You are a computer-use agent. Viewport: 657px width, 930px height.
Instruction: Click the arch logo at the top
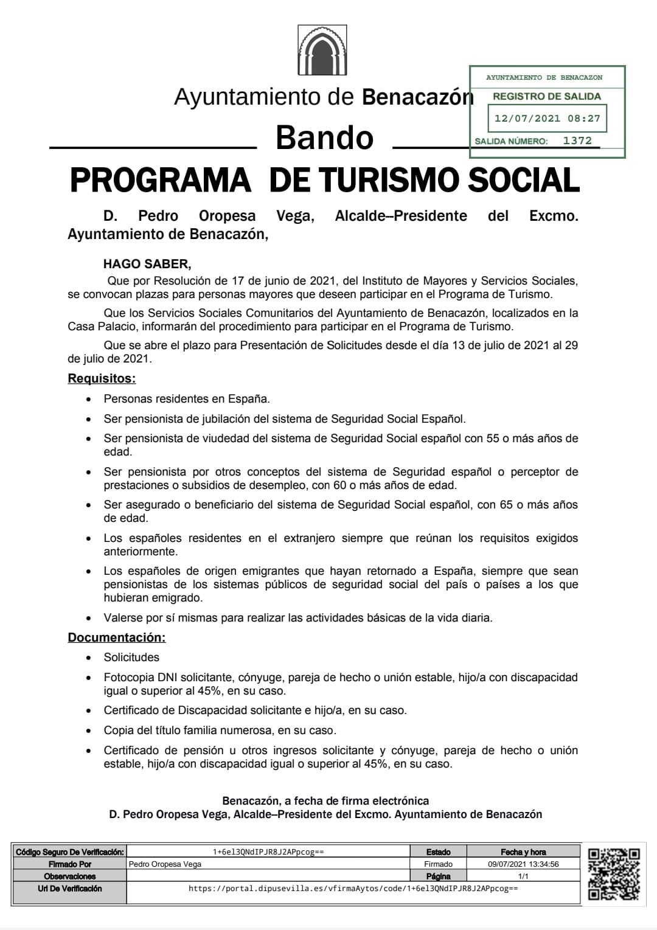pyautogui.click(x=322, y=50)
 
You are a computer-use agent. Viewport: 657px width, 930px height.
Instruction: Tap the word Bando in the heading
pyautogui.click(x=324, y=137)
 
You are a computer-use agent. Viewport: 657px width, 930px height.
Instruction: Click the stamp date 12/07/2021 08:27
pyautogui.click(x=547, y=119)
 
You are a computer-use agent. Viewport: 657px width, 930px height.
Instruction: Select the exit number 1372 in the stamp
pyautogui.click(x=577, y=141)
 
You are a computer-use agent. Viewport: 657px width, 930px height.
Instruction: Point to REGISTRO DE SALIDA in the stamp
pyautogui.click(x=546, y=96)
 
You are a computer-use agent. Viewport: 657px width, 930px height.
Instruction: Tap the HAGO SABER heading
pyautogui.click(x=147, y=264)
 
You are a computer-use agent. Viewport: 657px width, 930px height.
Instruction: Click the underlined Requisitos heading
pyautogui.click(x=102, y=378)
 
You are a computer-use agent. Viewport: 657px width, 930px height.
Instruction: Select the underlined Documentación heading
pyautogui.click(x=116, y=637)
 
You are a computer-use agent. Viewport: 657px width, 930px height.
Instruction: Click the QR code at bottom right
pyautogui.click(x=614, y=874)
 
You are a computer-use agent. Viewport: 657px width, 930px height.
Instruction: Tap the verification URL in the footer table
pyautogui.click(x=353, y=889)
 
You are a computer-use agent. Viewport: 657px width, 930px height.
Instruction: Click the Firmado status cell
pyautogui.click(x=438, y=864)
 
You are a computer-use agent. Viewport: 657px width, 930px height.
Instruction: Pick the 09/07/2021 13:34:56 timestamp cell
pyautogui.click(x=523, y=864)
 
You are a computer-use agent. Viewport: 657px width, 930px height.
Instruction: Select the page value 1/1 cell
pyautogui.click(x=523, y=876)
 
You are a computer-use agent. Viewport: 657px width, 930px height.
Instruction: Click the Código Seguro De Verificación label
pyautogui.click(x=69, y=852)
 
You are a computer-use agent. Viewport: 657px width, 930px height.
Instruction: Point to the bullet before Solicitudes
pyautogui.click(x=89, y=658)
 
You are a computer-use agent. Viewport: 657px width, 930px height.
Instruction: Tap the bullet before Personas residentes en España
pyautogui.click(x=89, y=400)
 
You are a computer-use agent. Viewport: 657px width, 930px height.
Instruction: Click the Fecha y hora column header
pyautogui.click(x=523, y=852)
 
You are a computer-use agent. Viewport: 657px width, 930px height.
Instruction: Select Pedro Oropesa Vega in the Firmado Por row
pyautogui.click(x=165, y=864)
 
